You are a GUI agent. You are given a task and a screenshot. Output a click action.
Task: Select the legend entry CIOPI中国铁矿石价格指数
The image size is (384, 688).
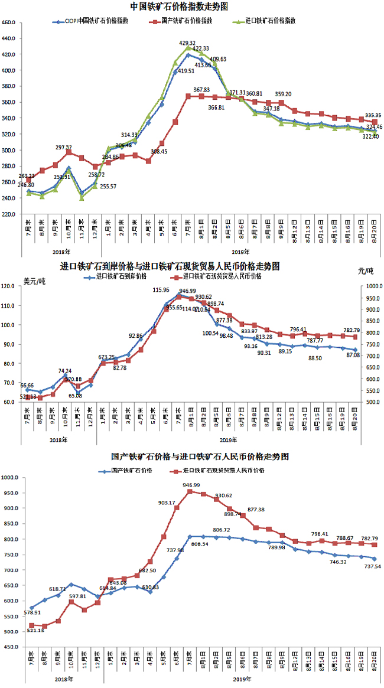pos(100,20)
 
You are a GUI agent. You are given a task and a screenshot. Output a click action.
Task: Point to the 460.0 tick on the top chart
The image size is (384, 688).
pos(9,22)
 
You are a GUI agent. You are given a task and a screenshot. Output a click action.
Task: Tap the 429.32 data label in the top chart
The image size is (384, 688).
pos(187,43)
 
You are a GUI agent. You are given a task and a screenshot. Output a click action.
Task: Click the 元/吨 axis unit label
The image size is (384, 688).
pos(366,271)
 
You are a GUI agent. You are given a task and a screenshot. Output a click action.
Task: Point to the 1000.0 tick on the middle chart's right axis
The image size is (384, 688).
pos(372,286)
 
